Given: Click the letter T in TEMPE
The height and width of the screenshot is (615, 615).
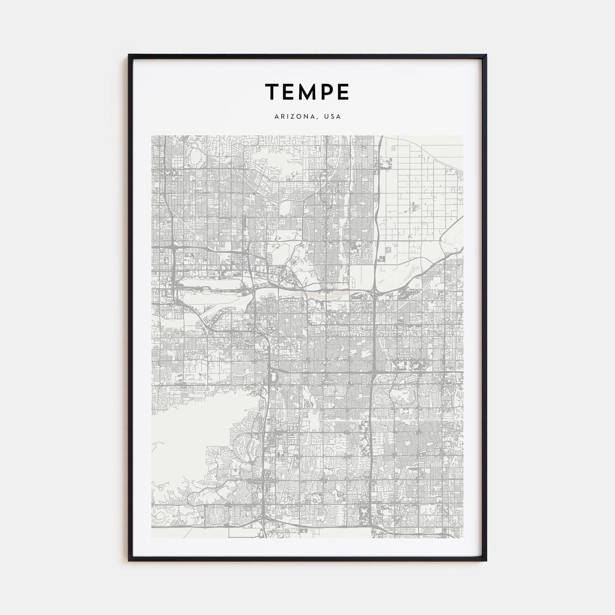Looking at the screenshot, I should click(x=273, y=91).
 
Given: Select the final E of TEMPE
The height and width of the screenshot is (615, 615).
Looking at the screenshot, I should click(x=344, y=91).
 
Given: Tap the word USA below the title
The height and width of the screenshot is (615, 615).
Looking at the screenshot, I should click(x=332, y=117).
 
